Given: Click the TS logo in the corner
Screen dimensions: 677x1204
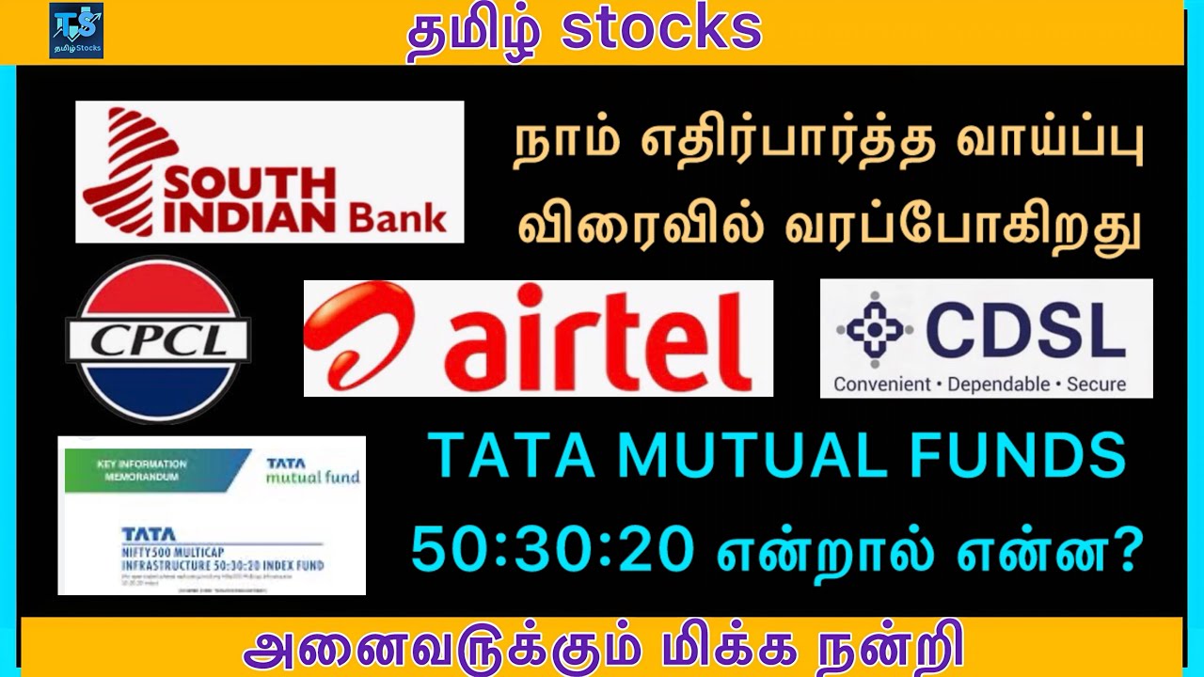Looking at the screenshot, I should pos(76,31).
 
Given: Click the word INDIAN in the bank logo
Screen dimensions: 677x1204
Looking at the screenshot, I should pos(246,215).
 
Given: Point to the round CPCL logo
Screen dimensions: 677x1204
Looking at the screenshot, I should pos(158,339).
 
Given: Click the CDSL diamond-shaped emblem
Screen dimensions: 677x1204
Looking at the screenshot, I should pos(875,330).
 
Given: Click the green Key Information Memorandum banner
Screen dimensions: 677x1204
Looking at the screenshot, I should pos(150,470).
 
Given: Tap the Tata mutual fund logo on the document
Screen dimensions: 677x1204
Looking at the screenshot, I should pos(312,470).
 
